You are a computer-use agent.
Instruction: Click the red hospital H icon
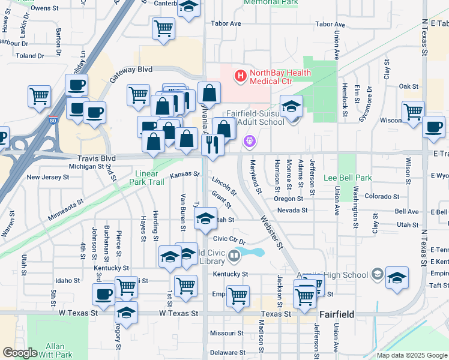coord(240,76)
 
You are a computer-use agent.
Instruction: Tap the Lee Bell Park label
coord(348,178)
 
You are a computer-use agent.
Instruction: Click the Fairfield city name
coord(337,314)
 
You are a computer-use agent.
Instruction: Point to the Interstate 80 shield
coord(53,120)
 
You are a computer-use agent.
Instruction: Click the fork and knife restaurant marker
coord(212,144)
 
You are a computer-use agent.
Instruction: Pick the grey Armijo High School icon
coord(377,275)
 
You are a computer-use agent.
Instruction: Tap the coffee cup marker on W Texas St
coord(103,294)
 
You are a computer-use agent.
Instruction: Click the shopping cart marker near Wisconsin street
coord(413,112)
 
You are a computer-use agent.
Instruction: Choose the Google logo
coord(20,353)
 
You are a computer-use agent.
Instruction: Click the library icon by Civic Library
coord(234,257)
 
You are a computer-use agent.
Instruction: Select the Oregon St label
coord(289,199)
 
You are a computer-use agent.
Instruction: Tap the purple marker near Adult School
coord(250,142)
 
